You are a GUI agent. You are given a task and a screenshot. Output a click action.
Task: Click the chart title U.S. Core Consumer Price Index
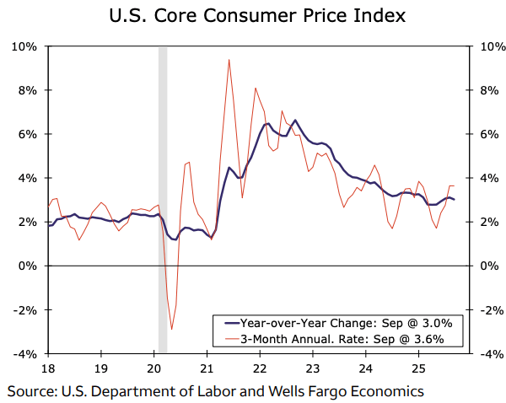pyautogui.click(x=252, y=16)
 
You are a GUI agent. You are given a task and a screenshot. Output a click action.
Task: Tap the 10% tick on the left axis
pyautogui.click(x=25, y=46)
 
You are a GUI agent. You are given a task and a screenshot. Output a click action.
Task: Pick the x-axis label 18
pyautogui.click(x=48, y=368)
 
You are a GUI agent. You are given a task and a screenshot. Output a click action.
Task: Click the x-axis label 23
pyautogui.click(x=313, y=368)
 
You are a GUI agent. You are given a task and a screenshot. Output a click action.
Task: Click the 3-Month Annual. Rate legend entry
pyautogui.click(x=340, y=339)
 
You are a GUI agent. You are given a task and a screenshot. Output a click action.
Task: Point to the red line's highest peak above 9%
pyautogui.click(x=229, y=60)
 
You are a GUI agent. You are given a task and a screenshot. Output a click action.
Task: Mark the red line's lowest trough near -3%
pyautogui.click(x=172, y=330)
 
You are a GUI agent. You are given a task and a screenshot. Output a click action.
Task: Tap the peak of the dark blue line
pyautogui.click(x=294, y=121)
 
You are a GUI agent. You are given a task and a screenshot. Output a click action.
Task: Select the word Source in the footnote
pyautogui.click(x=30, y=391)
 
